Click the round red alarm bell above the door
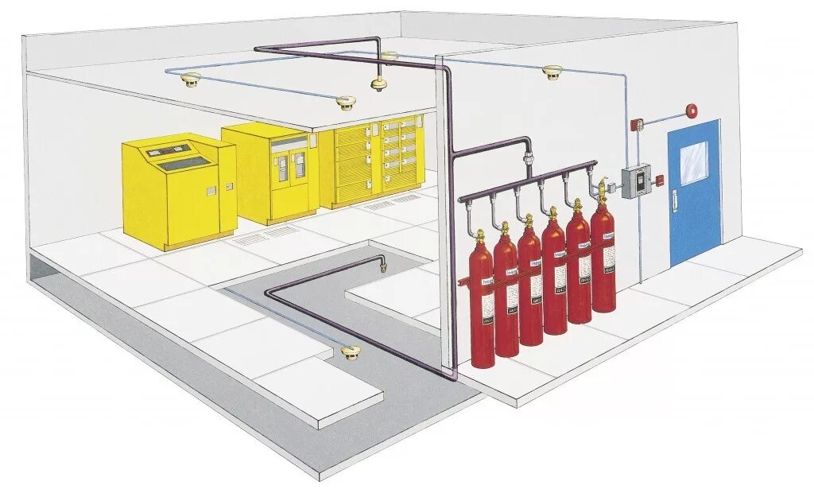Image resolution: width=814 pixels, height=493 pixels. (692, 110)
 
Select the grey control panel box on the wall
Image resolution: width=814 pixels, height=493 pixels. (635, 181)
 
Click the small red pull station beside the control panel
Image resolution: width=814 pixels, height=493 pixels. (659, 181)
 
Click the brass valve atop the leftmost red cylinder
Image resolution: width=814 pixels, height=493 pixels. (479, 236)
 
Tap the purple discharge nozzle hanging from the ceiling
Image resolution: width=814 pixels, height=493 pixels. (378, 83)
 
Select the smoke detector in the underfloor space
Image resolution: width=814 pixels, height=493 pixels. (350, 350)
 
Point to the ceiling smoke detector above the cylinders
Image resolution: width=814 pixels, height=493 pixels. (548, 72)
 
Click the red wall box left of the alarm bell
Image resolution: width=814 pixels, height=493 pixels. (636, 123)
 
